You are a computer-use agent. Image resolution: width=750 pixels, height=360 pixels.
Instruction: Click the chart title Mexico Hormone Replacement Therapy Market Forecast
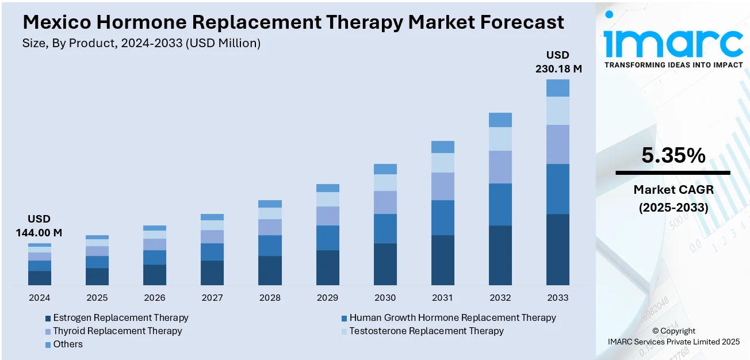[293, 22]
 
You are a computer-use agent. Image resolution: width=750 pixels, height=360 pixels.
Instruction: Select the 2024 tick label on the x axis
[39, 298]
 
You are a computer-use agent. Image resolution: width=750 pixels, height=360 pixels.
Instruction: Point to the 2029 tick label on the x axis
[327, 298]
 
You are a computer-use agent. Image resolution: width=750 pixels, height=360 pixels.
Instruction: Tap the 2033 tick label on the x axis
[557, 298]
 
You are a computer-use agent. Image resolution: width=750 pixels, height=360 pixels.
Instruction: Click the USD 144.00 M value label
[39, 226]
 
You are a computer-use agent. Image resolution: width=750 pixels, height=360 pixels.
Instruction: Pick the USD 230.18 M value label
[557, 62]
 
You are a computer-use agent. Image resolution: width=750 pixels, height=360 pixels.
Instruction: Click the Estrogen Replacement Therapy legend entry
[120, 317]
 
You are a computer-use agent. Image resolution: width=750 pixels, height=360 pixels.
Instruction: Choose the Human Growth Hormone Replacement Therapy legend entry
[452, 317]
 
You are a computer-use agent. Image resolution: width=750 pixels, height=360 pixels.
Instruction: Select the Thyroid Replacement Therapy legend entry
[117, 331]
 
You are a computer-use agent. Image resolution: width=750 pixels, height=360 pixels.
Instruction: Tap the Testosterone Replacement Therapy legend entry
[426, 331]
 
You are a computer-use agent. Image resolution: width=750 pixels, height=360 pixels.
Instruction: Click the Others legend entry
[67, 344]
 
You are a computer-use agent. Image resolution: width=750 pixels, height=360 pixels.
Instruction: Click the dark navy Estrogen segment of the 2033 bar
[557, 250]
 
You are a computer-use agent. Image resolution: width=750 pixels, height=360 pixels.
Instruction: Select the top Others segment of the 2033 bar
[557, 88]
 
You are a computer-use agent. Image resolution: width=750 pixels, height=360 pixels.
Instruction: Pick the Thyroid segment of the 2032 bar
[500, 167]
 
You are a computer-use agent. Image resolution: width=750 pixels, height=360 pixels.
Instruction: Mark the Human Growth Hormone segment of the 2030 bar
[385, 228]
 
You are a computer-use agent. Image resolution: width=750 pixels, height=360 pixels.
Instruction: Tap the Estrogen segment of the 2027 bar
[212, 273]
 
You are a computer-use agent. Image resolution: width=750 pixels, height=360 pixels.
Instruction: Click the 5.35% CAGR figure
[672, 155]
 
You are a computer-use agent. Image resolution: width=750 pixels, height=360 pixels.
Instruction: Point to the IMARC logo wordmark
[673, 41]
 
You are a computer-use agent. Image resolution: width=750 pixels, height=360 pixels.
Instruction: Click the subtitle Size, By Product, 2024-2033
[141, 43]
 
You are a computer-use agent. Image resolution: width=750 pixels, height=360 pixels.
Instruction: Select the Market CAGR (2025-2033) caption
[673, 198]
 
